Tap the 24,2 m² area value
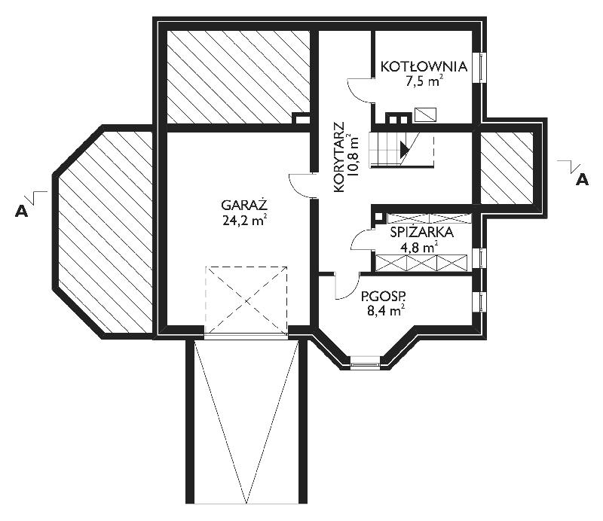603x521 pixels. tap(244, 220)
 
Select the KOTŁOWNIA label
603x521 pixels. tap(424, 66)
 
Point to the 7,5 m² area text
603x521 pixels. tap(424, 81)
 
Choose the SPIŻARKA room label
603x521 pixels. tap(421, 233)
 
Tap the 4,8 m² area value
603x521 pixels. tap(419, 248)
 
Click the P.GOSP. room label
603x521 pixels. tap(384, 296)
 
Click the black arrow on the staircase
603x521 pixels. tap(404, 150)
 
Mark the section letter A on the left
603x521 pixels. tap(22, 211)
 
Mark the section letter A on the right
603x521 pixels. tap(582, 179)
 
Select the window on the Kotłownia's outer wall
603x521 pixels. tap(480, 67)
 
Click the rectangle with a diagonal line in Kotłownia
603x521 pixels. tap(425, 114)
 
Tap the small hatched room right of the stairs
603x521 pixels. tap(507, 168)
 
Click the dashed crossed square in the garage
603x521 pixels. tap(246, 300)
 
